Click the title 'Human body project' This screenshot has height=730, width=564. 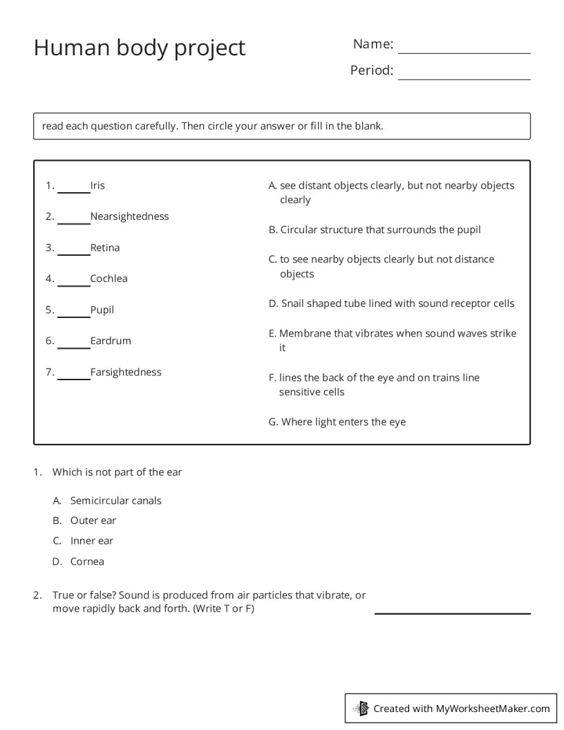[140, 48]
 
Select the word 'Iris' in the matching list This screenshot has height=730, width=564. [97, 185]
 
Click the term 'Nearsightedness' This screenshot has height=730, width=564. [129, 216]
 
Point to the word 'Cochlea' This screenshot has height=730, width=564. [109, 279]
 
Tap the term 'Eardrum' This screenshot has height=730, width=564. [110, 341]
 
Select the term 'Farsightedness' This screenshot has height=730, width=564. [125, 372]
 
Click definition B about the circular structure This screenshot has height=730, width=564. [375, 230]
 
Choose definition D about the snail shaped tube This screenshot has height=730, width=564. [391, 303]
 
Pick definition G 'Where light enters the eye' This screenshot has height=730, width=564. [337, 422]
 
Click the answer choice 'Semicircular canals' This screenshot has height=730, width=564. [115, 500]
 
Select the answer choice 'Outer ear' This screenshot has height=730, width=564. [93, 521]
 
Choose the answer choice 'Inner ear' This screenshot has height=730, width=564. [91, 541]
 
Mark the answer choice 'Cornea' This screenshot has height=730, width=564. [87, 561]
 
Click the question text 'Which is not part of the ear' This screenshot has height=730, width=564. [117, 472]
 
